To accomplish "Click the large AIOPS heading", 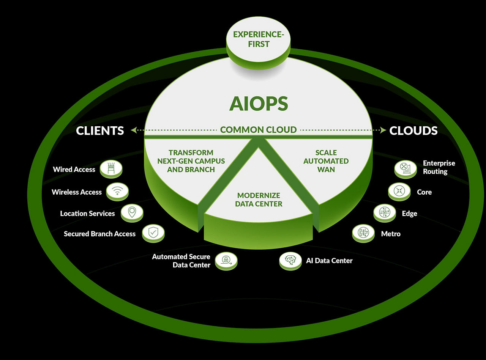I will [x=259, y=104].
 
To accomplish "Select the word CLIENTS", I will [x=100, y=130].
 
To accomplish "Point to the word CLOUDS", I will [x=413, y=130].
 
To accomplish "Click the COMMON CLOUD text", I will [x=258, y=130].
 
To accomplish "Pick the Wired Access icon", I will [x=111, y=168].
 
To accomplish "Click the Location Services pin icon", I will [x=132, y=212].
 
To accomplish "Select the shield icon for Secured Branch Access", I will [x=153, y=232].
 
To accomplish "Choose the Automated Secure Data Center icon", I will [x=226, y=260].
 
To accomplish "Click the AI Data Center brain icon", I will [x=290, y=260].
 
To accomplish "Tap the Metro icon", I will [x=363, y=233].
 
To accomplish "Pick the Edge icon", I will [x=384, y=212].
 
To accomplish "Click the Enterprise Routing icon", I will [x=406, y=168].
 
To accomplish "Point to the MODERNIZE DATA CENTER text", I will [x=259, y=200].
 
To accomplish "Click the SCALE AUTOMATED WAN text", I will [x=326, y=161].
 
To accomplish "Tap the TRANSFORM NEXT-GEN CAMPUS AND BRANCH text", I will [x=191, y=161].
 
